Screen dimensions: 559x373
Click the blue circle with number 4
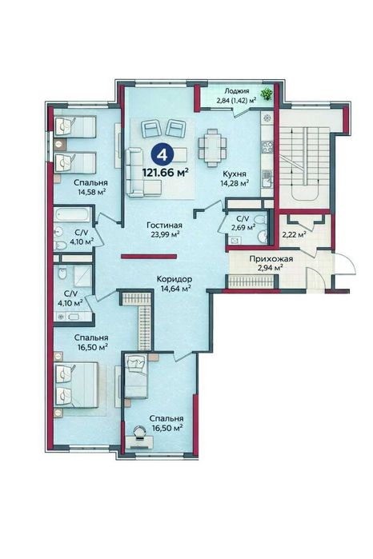pos(163,154)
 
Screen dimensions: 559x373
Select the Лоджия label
pos(237,92)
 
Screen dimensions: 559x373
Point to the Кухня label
pos(234,173)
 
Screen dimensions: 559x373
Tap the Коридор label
pos(173,278)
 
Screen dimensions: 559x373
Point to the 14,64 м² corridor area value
pos(173,289)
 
